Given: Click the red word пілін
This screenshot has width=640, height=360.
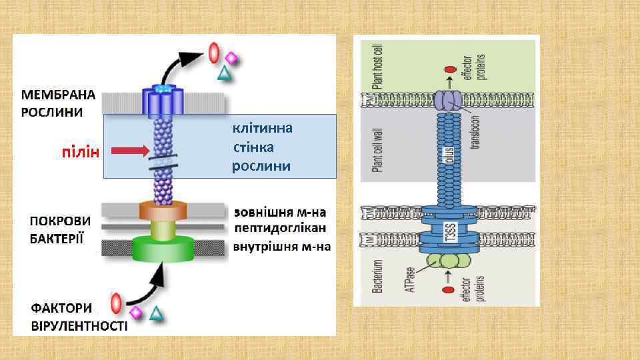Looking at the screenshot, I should point(80,153).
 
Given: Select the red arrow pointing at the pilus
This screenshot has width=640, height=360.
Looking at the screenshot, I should point(129,151).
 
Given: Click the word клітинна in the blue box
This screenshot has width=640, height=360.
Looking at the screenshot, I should point(262,127).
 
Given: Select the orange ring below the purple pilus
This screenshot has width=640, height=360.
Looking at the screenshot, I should point(163,211).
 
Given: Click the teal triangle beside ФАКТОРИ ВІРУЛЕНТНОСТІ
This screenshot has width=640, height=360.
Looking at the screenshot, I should point(156,313).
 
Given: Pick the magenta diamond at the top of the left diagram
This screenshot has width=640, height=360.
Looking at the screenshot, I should point(231,57).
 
